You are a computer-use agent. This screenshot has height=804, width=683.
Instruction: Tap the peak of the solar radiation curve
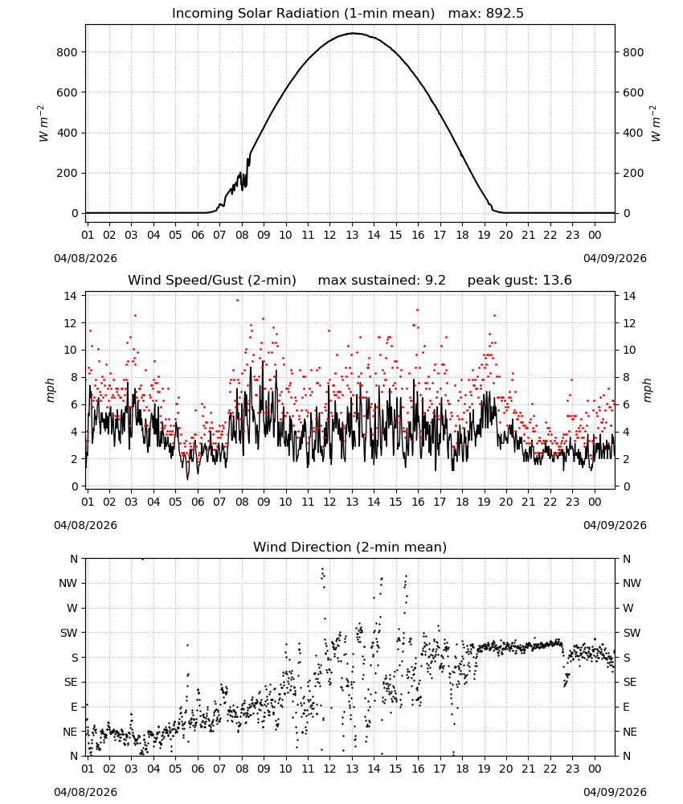(x=354, y=33)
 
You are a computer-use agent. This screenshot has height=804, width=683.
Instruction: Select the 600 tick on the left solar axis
(x=67, y=92)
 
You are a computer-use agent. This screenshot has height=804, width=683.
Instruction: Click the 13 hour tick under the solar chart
(x=352, y=235)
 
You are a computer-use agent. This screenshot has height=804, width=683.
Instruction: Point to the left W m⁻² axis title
(x=43, y=124)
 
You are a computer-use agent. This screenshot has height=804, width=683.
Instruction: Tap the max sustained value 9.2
(x=436, y=281)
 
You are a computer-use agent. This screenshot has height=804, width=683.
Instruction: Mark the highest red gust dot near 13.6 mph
(x=237, y=301)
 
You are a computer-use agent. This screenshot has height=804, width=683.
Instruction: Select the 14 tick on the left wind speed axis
(x=71, y=296)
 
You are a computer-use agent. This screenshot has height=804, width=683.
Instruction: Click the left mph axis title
(x=50, y=390)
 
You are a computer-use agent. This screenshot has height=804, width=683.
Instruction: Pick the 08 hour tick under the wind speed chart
(x=242, y=502)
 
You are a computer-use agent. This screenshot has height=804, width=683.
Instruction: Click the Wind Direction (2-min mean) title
(x=350, y=547)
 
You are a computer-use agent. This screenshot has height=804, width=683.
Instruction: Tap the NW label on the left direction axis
(x=68, y=583)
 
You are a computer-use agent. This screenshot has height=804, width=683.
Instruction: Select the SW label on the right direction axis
(x=632, y=633)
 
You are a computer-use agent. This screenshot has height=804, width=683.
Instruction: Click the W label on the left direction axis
(x=72, y=608)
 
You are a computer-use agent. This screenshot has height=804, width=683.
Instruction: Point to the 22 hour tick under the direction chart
(x=550, y=769)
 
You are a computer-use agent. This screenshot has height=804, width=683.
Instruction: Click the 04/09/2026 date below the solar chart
(x=615, y=258)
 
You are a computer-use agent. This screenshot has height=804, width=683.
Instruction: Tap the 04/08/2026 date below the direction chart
(x=85, y=792)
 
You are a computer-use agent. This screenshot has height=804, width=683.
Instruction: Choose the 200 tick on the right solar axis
(x=633, y=173)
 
